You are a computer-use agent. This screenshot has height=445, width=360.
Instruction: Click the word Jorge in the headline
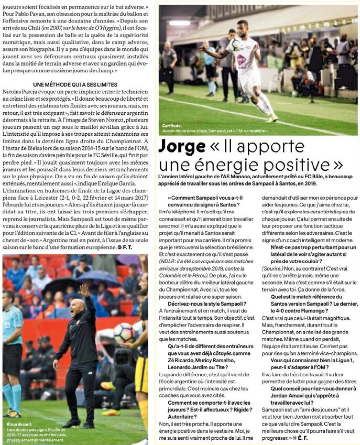[x=180, y=146]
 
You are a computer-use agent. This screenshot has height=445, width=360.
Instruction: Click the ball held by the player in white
[x=235, y=44]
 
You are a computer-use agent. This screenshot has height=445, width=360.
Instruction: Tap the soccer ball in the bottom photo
[x=123, y=332]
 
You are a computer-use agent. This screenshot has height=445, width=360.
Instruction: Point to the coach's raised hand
[x=83, y=290]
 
